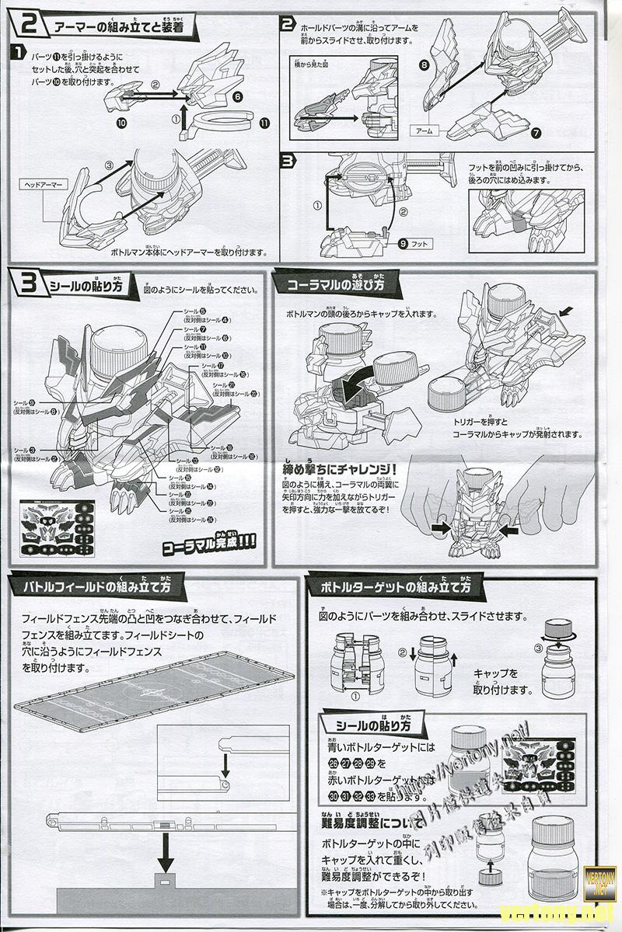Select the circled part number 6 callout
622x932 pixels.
tap(238, 97)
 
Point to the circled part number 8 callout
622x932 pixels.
tap(425, 67)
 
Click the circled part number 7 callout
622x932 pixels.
tap(536, 134)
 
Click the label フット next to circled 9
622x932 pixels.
tap(420, 243)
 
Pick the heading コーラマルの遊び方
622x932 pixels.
tap(335, 284)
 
